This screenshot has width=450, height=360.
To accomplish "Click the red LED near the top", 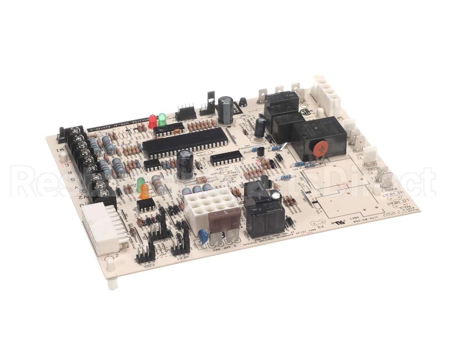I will click(x=153, y=121).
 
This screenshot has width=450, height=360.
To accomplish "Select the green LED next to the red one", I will click(x=162, y=119).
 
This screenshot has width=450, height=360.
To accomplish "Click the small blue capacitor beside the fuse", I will click(x=204, y=236).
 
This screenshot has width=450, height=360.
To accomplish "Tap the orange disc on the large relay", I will click(x=320, y=149).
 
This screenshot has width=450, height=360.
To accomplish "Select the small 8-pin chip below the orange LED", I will click(x=146, y=205).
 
